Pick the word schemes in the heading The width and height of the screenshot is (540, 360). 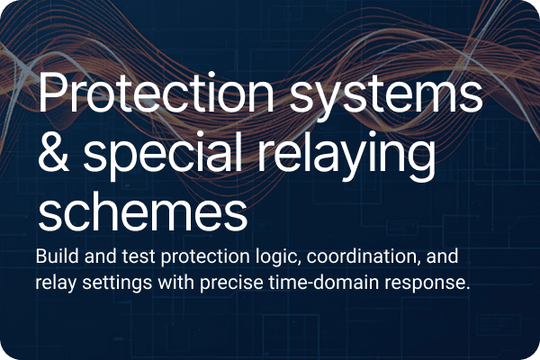141,212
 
